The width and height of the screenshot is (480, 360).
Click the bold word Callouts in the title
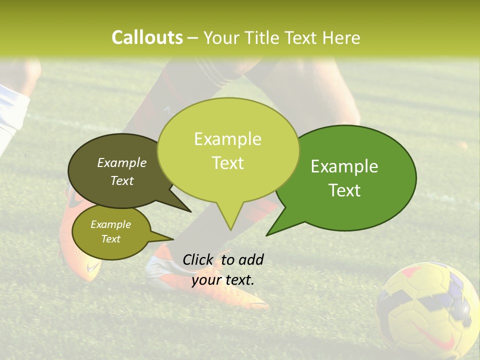click(147, 37)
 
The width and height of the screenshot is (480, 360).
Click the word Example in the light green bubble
click(227, 139)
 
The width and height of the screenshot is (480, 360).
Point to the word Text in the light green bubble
click(228, 163)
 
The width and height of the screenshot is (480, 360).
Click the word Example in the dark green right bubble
click(344, 166)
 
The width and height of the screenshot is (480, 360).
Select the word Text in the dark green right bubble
click(345, 190)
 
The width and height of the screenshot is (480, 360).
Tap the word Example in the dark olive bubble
click(122, 162)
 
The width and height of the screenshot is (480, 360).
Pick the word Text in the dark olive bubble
click(122, 180)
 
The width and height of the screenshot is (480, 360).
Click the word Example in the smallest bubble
click(110, 224)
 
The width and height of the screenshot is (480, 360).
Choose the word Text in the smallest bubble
click(110, 239)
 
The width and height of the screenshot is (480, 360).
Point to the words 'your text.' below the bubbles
click(223, 280)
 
